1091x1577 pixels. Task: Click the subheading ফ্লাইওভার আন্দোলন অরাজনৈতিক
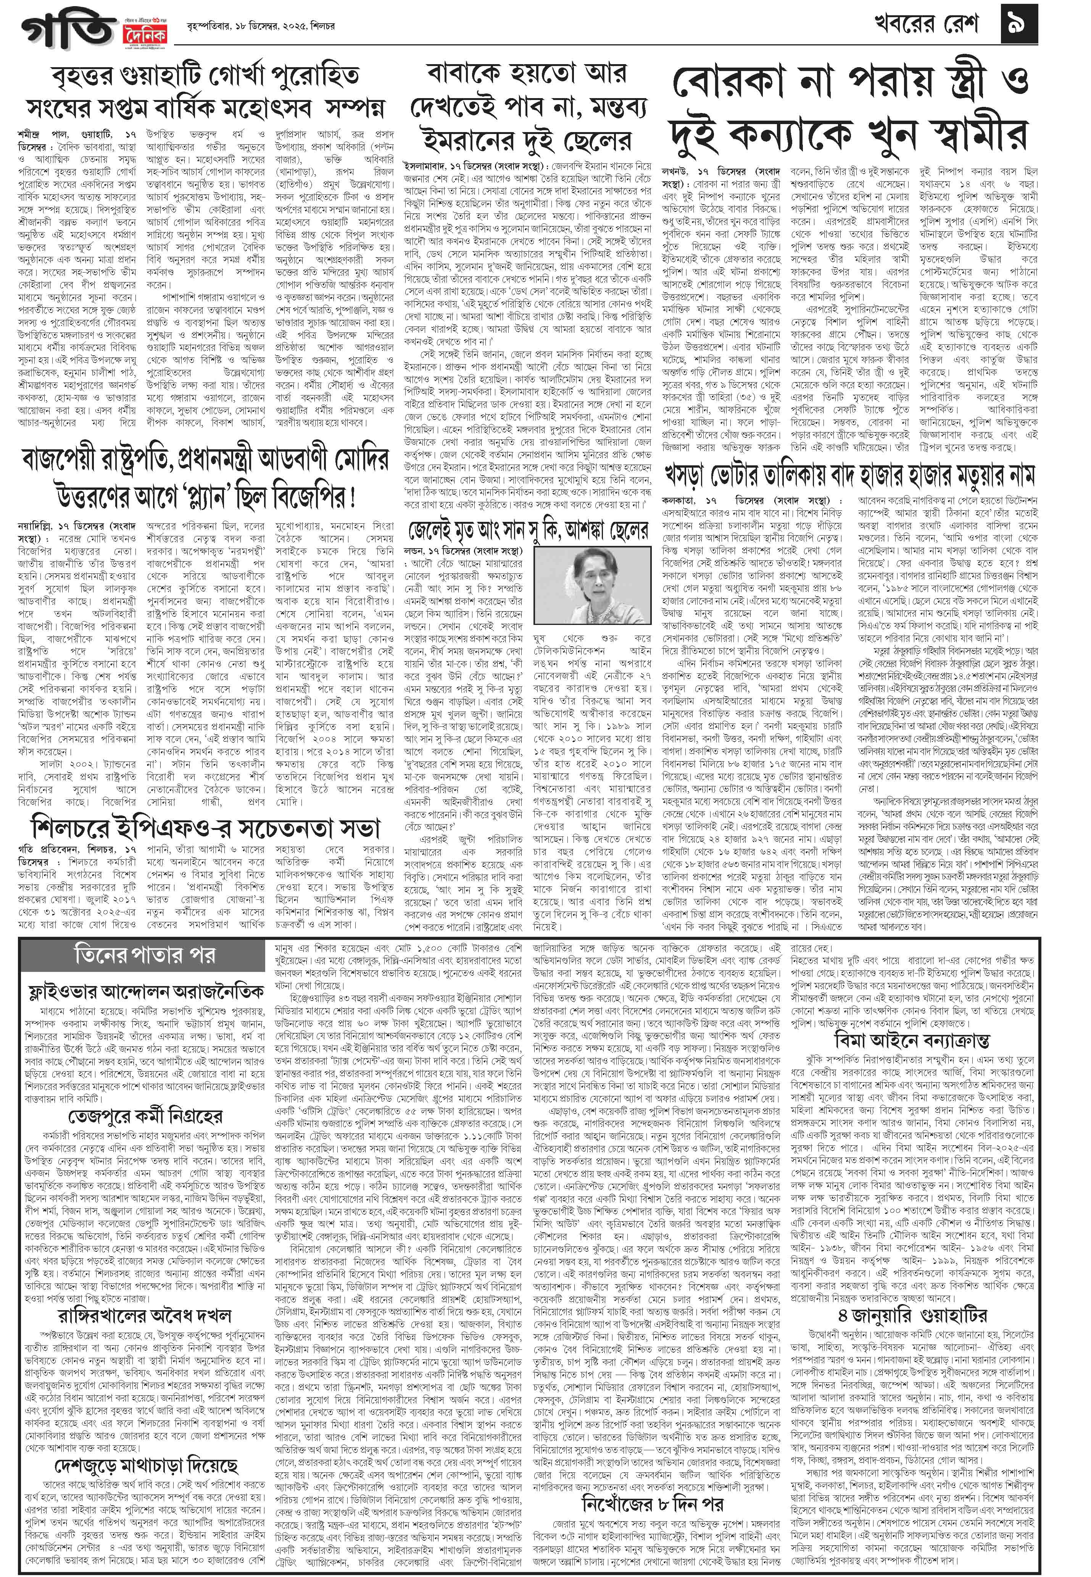click(146, 992)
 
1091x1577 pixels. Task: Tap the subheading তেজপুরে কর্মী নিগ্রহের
click(146, 1117)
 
